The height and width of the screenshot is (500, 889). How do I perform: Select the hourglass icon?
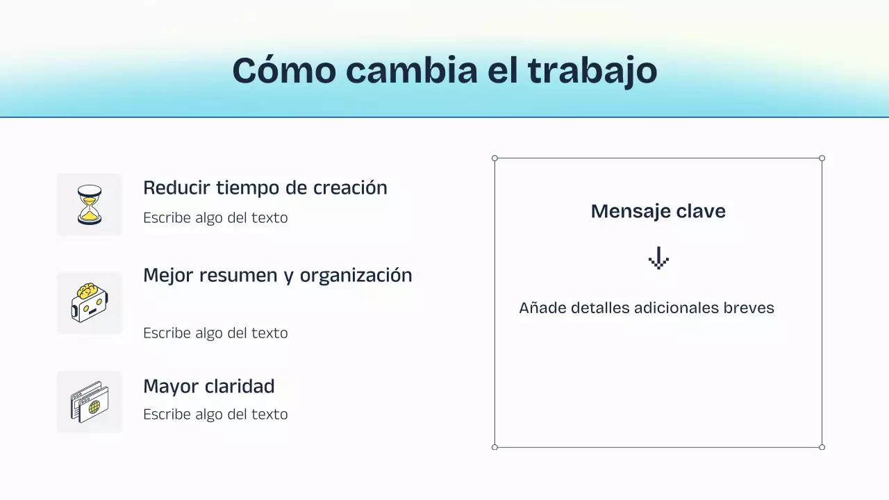coord(90,204)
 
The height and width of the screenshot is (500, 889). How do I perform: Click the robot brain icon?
coord(90,303)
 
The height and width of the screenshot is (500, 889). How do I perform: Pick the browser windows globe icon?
coord(90,401)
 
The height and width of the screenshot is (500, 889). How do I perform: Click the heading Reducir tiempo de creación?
coord(265,187)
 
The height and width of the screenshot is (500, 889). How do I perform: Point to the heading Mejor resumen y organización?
coord(277,275)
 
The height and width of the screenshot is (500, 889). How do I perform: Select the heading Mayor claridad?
coord(208,386)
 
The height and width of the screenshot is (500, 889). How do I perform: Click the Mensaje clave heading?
coord(658,211)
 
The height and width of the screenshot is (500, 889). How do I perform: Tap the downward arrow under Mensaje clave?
coord(658,259)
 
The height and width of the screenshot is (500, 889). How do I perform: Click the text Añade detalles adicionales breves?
coord(646,308)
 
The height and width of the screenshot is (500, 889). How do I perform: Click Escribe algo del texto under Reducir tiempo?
coord(215,217)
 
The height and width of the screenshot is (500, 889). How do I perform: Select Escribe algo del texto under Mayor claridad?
coord(215,414)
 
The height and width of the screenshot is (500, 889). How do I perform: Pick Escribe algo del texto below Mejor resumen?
coord(215,333)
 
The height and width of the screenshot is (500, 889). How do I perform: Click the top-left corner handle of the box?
coord(495,158)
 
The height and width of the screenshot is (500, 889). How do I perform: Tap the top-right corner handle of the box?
coord(822,158)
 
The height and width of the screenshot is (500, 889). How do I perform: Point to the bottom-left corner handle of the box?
coord(495,447)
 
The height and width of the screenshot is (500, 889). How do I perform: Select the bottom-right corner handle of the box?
coord(822,447)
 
